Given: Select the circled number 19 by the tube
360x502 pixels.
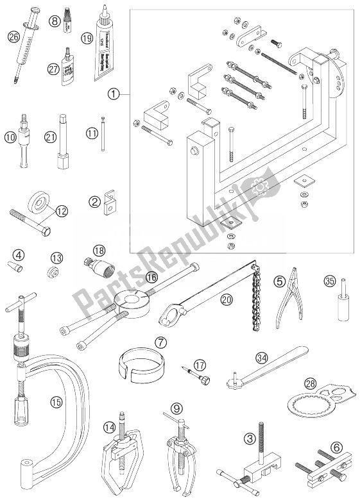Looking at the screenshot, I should click(105, 38).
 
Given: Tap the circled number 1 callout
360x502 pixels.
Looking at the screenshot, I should click(114, 96).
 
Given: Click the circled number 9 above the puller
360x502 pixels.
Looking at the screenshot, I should click(177, 407).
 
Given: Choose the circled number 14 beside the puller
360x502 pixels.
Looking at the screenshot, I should click(110, 425).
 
